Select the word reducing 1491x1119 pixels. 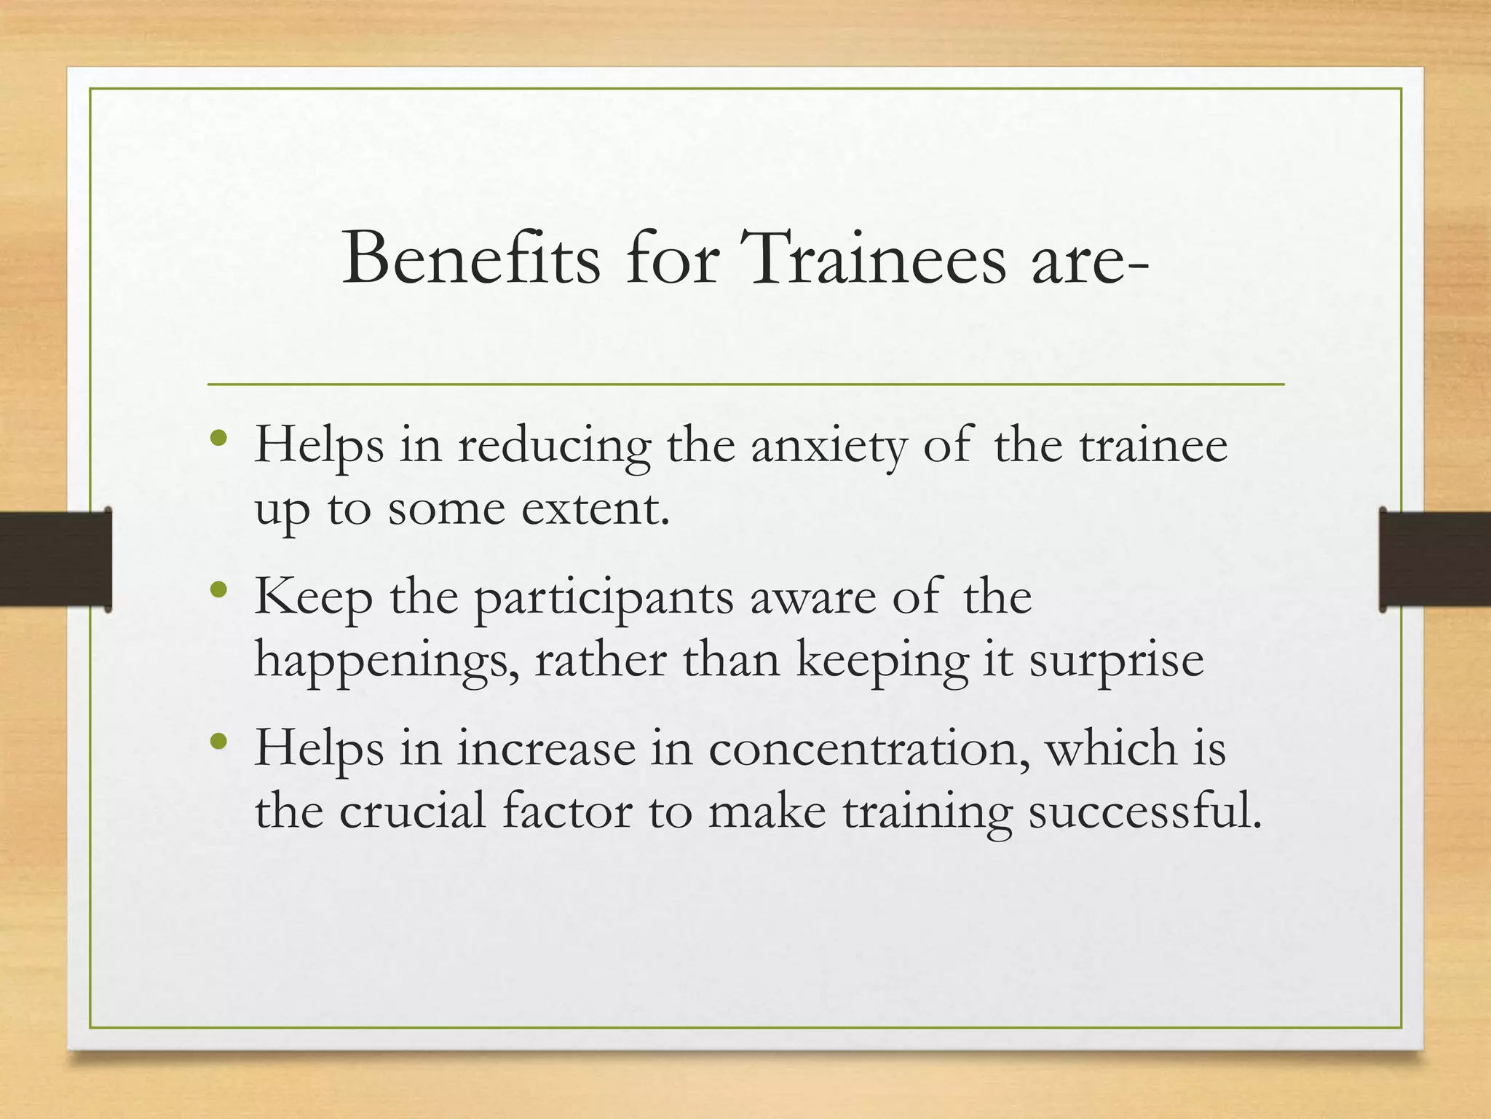click(x=553, y=447)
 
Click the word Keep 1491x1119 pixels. click(x=313, y=598)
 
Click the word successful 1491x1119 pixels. click(x=1144, y=811)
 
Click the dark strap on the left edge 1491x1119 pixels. click(x=55, y=559)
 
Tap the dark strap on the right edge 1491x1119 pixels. click(x=1434, y=559)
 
